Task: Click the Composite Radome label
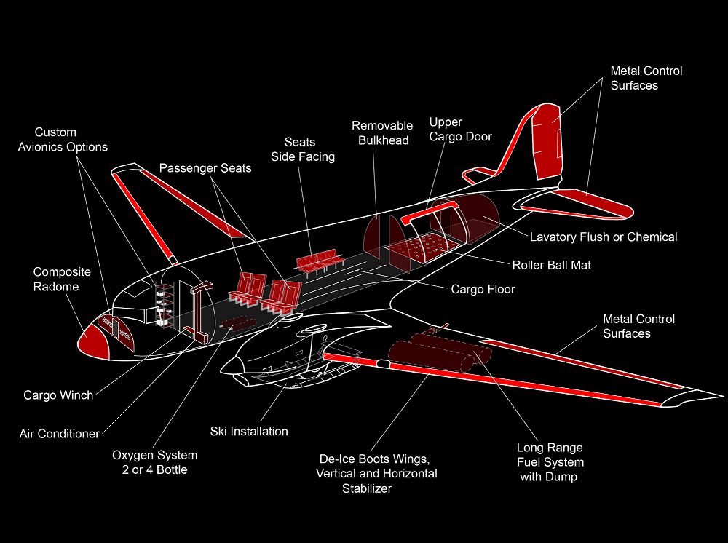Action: [x=62, y=279]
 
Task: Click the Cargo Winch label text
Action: [x=58, y=395]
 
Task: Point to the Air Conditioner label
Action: [x=59, y=434]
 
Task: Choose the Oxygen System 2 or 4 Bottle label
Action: [x=154, y=462]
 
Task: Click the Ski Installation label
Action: [x=249, y=431]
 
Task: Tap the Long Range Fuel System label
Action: [x=550, y=462]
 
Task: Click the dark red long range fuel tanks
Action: [x=437, y=352]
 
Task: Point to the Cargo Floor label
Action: [x=483, y=289]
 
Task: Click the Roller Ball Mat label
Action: [x=551, y=265]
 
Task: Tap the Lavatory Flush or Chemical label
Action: [x=603, y=237]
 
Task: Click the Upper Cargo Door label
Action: [x=460, y=129]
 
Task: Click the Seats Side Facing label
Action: [x=303, y=149]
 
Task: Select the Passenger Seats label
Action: [x=205, y=168]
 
